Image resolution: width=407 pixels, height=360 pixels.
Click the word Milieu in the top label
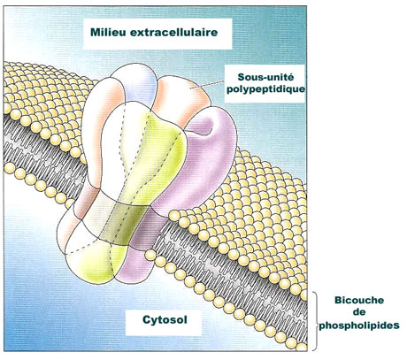pyautogui.click(x=108, y=32)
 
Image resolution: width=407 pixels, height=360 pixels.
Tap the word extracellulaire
pyautogui.click(x=173, y=32)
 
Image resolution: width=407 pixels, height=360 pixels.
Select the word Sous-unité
pyautogui.click(x=265, y=77)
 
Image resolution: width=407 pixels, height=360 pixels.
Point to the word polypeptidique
pyautogui.click(x=265, y=89)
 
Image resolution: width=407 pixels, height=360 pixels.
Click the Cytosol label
pyautogui.click(x=165, y=319)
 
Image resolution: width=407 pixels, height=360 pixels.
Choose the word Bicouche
pyautogui.click(x=359, y=300)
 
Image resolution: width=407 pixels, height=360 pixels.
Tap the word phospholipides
pyautogui.click(x=359, y=326)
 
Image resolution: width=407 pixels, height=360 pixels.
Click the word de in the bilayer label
pyautogui.click(x=359, y=312)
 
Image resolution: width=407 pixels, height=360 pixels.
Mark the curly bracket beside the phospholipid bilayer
pyautogui.click(x=315, y=321)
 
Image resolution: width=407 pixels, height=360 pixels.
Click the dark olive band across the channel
pyautogui.click(x=124, y=223)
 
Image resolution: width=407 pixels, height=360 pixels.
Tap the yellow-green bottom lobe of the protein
pyautogui.click(x=95, y=264)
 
